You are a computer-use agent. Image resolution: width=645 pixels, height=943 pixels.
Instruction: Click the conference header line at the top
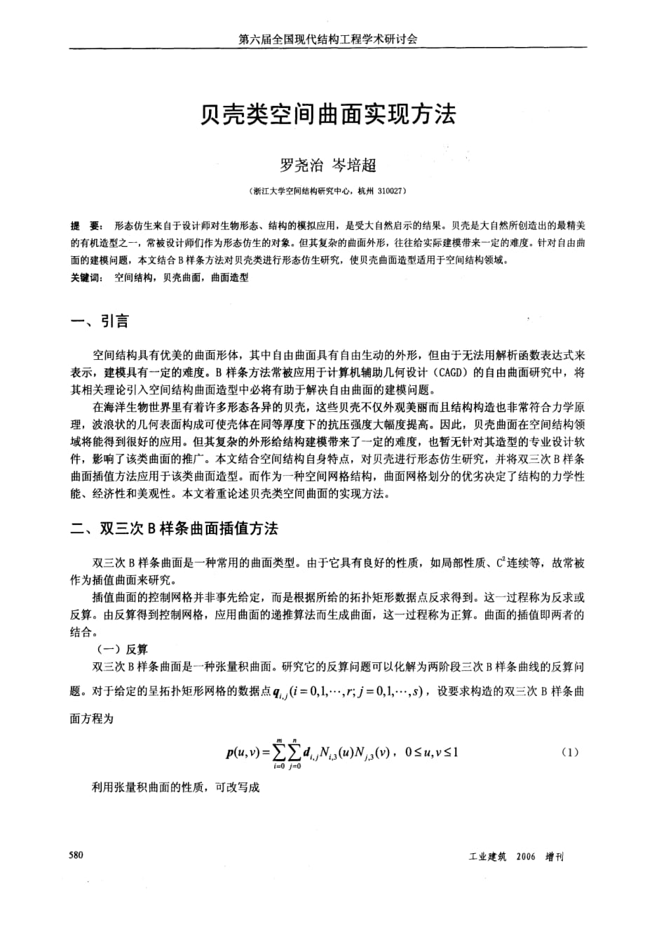327,40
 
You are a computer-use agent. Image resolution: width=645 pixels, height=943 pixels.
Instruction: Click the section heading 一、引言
100,321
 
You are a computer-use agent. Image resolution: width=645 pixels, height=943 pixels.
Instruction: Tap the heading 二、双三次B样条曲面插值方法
179,528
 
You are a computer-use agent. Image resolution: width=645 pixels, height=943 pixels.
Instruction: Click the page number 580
76,855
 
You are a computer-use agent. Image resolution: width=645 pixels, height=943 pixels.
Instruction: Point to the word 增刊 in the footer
555,857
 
